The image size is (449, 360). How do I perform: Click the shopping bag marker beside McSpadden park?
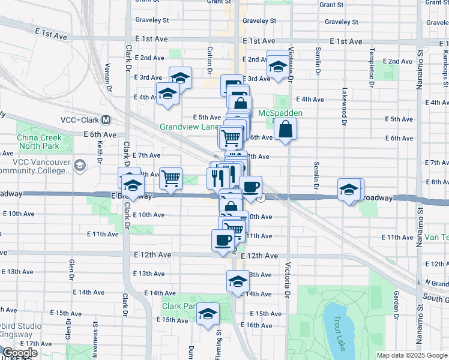[285, 129]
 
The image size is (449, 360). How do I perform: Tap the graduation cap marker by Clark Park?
[208, 314]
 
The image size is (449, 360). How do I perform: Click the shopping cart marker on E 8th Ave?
[171, 178]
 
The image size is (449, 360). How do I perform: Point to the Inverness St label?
[95, 335]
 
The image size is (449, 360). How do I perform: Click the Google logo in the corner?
[20, 353]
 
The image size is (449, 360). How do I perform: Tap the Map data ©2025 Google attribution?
[411, 355]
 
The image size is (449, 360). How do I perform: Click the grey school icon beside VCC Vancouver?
[79, 164]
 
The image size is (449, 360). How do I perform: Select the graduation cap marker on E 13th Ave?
[238, 281]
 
